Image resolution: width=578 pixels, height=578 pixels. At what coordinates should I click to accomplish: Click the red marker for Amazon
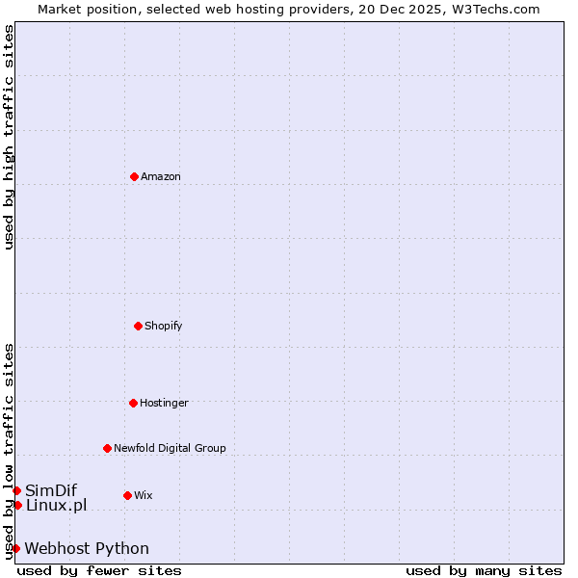(x=134, y=176)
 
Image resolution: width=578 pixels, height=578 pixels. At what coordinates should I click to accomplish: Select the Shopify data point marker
(x=138, y=326)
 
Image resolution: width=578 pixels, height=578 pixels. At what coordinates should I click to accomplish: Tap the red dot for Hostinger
(x=133, y=403)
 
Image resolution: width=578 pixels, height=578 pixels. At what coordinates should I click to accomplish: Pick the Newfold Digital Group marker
(x=107, y=448)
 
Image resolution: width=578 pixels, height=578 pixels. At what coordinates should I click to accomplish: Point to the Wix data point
(x=127, y=495)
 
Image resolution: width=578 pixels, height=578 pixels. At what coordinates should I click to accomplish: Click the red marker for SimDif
(x=16, y=490)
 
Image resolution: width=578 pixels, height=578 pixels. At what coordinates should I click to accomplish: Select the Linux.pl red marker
(x=17, y=505)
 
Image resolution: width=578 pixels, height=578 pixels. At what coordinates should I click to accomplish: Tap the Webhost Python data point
(x=15, y=548)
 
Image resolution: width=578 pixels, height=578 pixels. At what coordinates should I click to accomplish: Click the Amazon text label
(x=161, y=176)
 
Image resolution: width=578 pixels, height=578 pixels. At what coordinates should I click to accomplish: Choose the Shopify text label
(x=164, y=326)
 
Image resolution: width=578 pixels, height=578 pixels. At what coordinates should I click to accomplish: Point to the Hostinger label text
(x=164, y=403)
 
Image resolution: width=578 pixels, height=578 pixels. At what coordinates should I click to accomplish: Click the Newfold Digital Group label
(x=170, y=448)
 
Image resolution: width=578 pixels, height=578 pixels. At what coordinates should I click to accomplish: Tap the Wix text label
(x=144, y=495)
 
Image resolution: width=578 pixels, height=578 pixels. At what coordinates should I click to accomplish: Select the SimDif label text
(x=51, y=490)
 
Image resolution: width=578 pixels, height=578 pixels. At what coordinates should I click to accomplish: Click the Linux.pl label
(x=56, y=505)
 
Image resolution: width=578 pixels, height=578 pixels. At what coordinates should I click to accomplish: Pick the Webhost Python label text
(x=87, y=548)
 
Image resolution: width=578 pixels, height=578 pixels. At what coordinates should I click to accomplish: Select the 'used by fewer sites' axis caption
(x=99, y=570)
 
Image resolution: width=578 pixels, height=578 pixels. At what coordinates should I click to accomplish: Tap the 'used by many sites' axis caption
(x=484, y=570)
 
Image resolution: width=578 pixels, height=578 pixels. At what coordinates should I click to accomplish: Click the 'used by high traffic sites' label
(x=9, y=137)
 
